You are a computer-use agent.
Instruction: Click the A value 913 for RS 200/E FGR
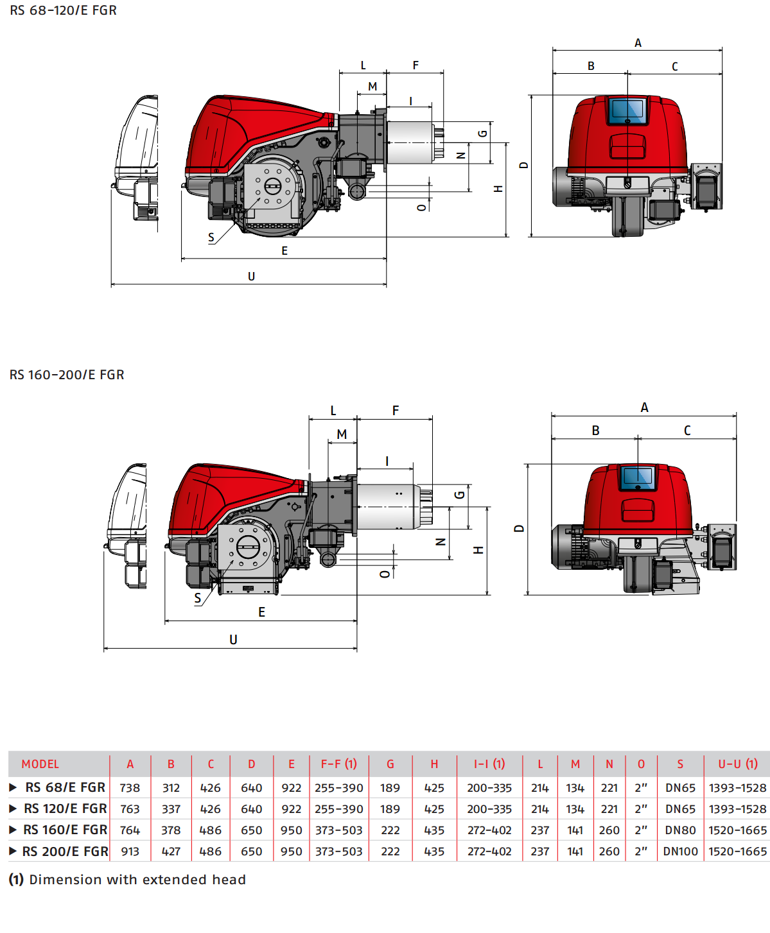(x=130, y=852)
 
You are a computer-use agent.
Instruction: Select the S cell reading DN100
(x=680, y=852)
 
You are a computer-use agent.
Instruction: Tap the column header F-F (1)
(x=338, y=764)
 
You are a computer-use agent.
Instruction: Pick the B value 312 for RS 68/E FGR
(x=171, y=788)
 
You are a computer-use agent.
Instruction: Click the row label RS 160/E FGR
(x=65, y=830)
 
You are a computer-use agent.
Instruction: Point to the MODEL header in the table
(x=40, y=764)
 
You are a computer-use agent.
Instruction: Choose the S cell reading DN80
(x=680, y=830)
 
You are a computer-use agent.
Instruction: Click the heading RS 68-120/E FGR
(x=63, y=10)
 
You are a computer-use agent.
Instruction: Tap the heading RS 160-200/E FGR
(x=67, y=375)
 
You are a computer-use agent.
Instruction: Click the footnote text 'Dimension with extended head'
(x=137, y=880)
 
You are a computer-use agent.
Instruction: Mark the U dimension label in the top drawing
(x=251, y=277)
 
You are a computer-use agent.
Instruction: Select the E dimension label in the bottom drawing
(x=261, y=612)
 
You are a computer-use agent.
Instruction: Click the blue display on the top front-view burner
(x=627, y=110)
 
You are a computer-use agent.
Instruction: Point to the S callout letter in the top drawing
(x=211, y=237)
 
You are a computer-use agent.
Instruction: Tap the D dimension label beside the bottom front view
(x=519, y=529)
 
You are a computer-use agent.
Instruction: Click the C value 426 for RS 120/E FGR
(x=210, y=809)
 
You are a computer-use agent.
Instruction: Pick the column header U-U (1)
(x=737, y=764)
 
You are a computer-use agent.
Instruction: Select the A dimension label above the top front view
(x=638, y=43)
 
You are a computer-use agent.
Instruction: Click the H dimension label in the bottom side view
(x=478, y=551)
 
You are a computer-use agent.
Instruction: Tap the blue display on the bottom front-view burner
(x=637, y=476)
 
